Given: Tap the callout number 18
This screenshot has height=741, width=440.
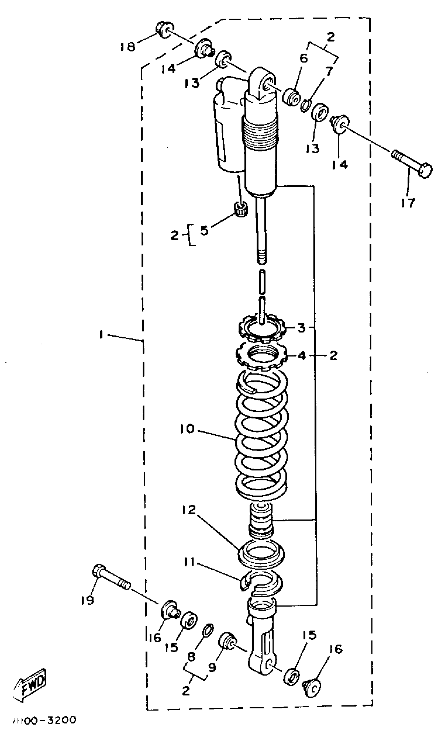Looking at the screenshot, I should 128,47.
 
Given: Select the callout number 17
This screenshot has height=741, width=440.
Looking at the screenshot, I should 408,203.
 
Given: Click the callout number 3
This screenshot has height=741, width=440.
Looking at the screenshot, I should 301,328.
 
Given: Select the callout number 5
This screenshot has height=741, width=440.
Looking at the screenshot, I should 204,230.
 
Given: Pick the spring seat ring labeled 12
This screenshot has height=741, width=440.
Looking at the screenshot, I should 261,550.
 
